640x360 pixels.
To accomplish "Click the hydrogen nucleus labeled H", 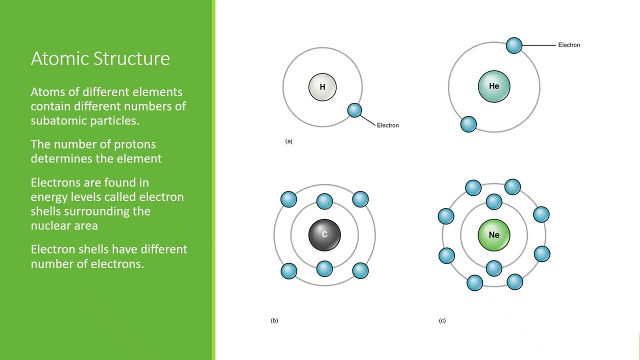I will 322,87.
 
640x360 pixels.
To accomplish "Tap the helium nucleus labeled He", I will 494,86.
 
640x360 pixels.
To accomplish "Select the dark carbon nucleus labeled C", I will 324,234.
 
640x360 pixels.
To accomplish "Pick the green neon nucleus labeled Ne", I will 494,234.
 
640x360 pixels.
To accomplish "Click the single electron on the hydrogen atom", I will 354,110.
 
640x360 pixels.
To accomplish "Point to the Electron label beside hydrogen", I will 387,125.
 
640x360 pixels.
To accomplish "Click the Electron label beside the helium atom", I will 569,45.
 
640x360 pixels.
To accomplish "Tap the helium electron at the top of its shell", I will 514,45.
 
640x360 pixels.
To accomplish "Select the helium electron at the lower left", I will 468,124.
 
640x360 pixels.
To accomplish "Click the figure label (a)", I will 289,141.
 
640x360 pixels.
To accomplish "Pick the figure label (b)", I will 274,320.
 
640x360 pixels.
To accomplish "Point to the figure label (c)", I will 442,320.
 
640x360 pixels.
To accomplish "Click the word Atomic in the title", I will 59,58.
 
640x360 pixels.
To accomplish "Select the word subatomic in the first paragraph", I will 58,120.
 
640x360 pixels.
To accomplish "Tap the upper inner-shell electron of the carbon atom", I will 324,201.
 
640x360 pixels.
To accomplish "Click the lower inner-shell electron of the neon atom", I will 494,268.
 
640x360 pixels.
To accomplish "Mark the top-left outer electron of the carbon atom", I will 288,199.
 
